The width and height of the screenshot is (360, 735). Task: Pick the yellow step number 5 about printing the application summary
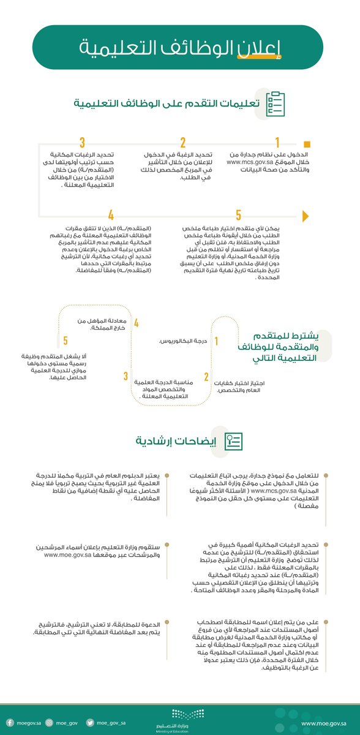tap(239, 215)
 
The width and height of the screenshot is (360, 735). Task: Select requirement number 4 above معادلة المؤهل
tap(137, 323)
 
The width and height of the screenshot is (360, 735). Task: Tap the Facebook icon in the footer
tap(10, 723)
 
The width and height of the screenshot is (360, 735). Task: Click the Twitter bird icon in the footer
tap(89, 723)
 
